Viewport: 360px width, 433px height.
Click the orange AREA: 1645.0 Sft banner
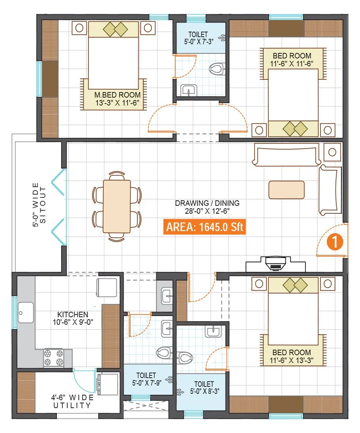click(x=204, y=228)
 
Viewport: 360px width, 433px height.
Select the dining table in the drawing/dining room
click(x=116, y=206)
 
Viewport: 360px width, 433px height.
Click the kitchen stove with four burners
click(x=54, y=357)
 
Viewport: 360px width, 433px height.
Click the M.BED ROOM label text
click(x=117, y=95)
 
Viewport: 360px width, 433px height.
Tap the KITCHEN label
click(x=73, y=314)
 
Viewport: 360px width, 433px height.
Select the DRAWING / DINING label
click(x=207, y=203)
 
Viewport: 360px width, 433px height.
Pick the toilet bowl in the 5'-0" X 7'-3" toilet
click(x=216, y=70)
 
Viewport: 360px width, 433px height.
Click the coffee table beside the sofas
click(x=287, y=190)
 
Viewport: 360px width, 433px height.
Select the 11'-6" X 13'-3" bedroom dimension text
click(x=292, y=361)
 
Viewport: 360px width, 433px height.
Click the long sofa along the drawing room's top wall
click(x=287, y=155)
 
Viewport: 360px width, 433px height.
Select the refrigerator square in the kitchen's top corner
click(x=107, y=287)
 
